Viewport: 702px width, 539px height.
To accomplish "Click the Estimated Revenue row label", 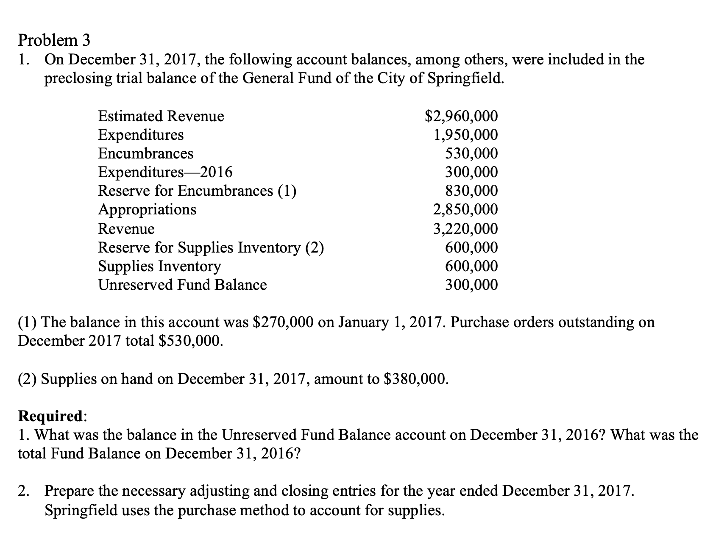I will [161, 116].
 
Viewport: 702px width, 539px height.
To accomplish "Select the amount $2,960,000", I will [461, 116].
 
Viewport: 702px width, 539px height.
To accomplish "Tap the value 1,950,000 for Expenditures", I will [465, 135].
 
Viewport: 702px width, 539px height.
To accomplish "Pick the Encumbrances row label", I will [145, 153].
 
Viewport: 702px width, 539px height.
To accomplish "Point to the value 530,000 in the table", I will [471, 153].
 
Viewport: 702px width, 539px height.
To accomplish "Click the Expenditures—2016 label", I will [165, 172].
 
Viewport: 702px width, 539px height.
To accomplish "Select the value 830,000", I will [471, 191].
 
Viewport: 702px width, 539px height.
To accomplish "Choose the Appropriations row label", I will [147, 209].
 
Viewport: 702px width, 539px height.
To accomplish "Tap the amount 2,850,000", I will [465, 209].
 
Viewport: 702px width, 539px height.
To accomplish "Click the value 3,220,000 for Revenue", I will [465, 228].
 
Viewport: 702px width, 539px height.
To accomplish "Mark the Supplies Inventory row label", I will [159, 266].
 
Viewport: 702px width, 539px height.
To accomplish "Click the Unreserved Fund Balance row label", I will [182, 285].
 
